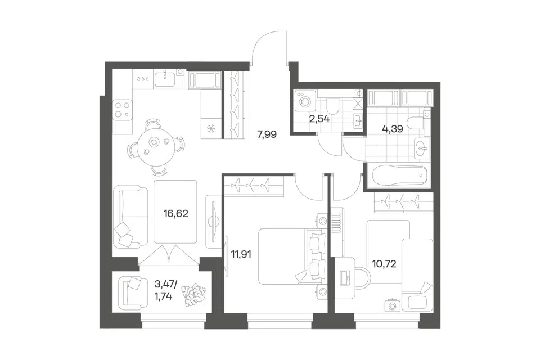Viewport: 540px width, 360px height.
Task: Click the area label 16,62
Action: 176,214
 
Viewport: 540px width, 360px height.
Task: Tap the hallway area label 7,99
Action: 267,134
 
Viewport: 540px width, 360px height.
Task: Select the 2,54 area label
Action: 319,119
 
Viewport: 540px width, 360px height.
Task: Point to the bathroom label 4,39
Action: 393,129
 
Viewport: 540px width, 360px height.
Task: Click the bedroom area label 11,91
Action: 241,255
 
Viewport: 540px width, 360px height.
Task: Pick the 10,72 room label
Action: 384,264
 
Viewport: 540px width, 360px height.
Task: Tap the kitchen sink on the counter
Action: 165,79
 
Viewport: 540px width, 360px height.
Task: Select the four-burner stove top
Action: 122,110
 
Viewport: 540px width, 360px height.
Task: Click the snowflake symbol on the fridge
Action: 210,129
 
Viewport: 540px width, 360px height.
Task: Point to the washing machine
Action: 305,101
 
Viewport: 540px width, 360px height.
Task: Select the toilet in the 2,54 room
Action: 333,106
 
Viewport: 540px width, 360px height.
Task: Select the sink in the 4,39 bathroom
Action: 422,148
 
